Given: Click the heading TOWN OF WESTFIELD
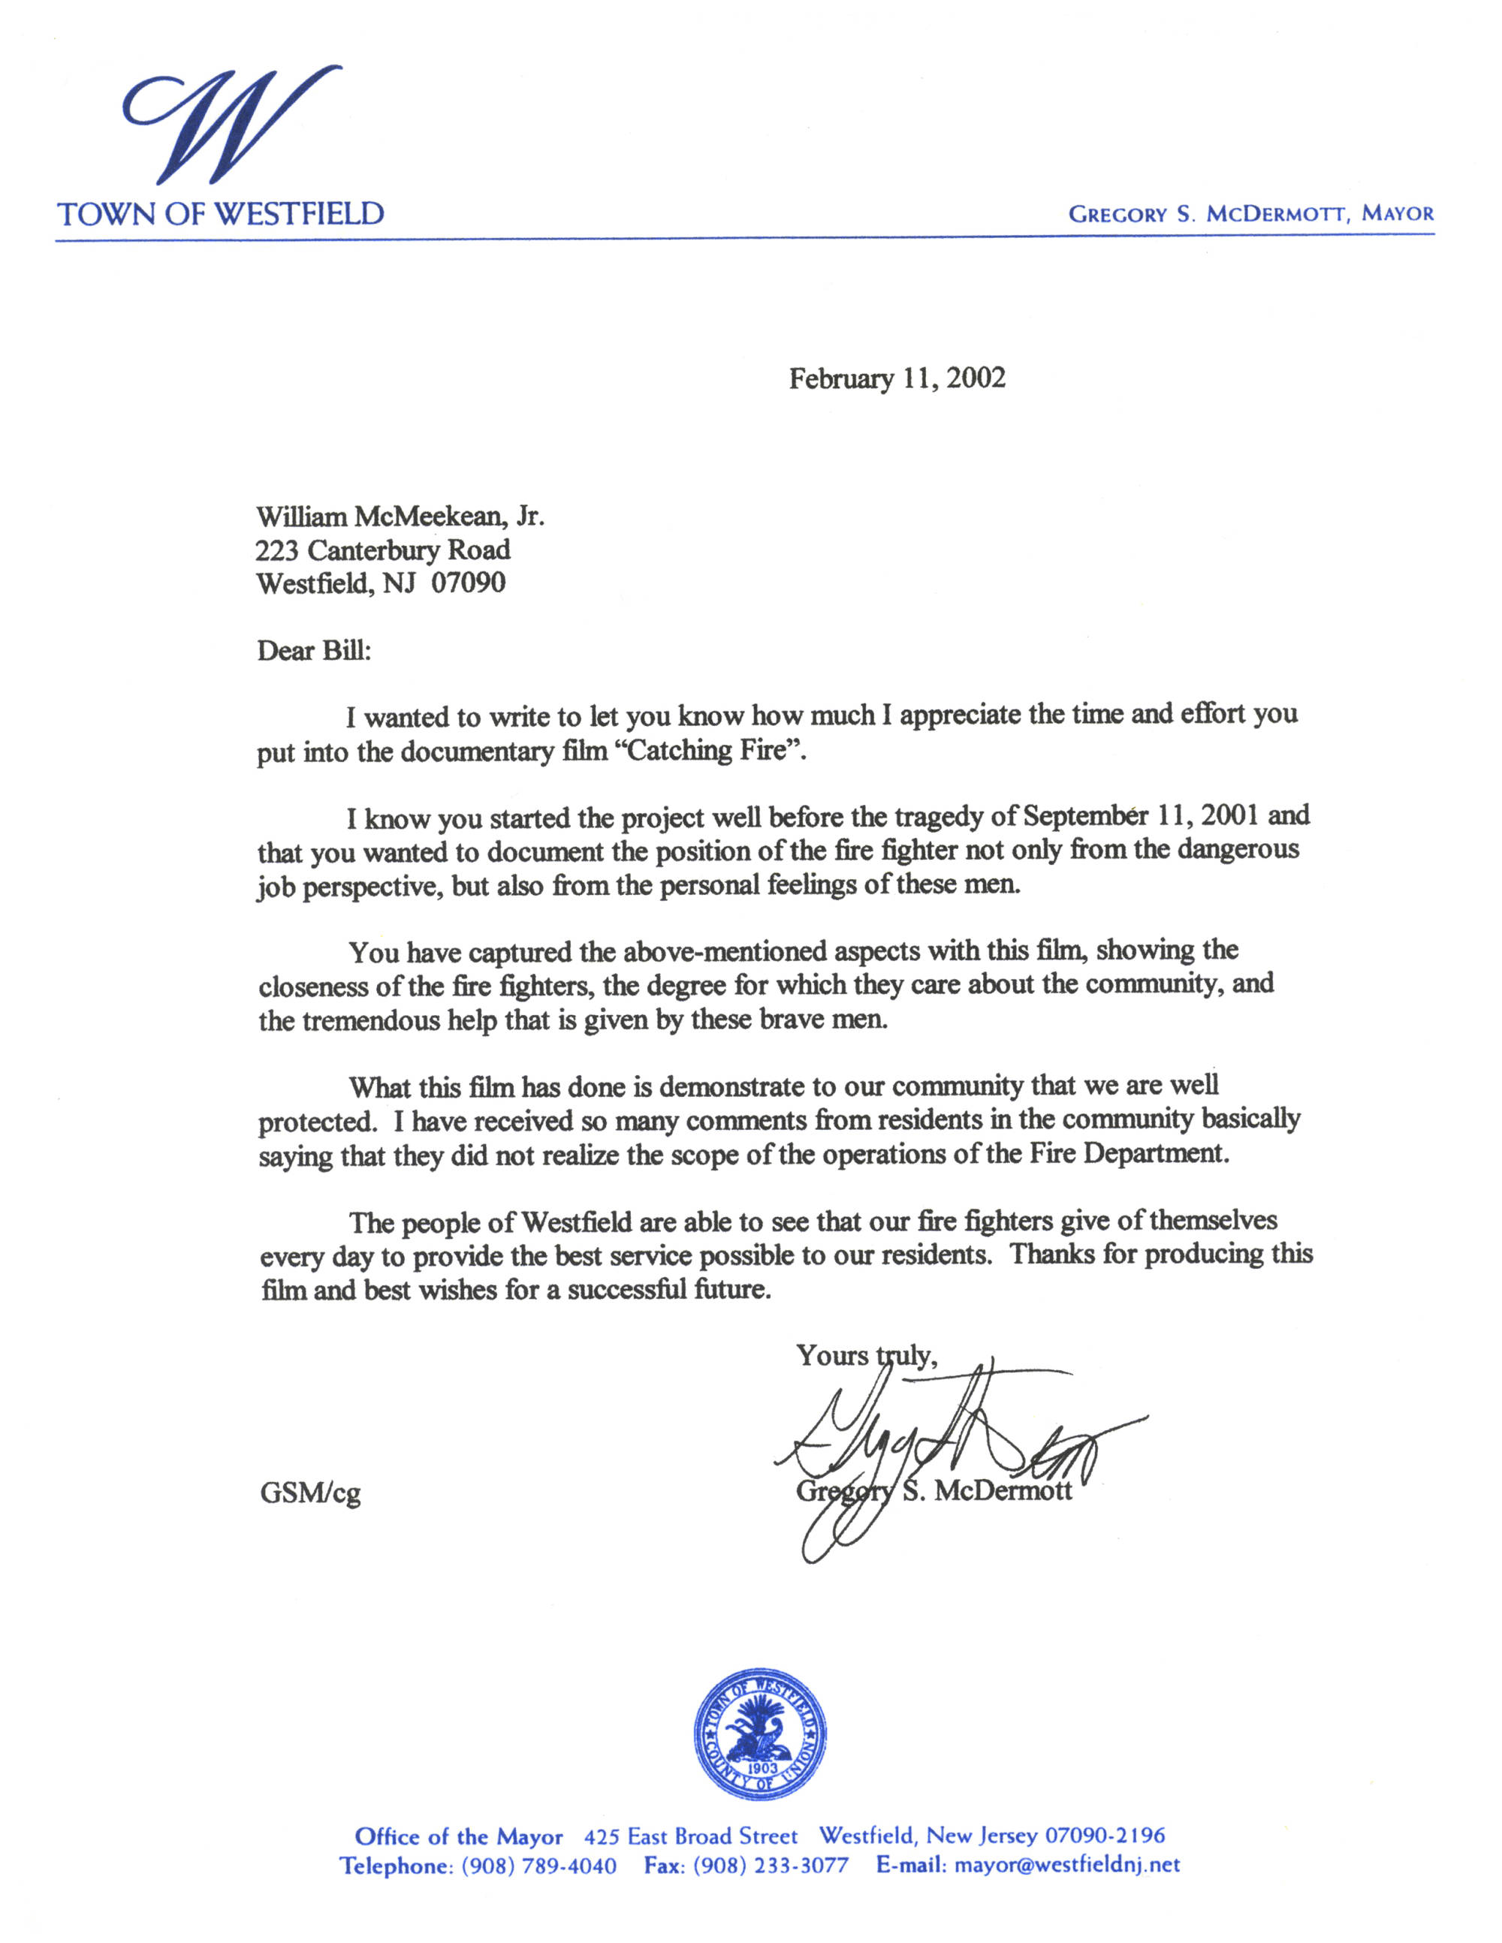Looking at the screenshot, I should (x=221, y=215).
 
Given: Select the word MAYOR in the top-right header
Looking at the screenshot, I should (x=1397, y=215).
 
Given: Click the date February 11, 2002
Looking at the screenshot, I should (x=897, y=379).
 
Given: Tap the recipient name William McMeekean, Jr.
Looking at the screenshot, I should (x=400, y=517).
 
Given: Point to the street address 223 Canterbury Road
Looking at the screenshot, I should (x=382, y=551).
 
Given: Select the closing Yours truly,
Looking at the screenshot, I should (x=866, y=1355).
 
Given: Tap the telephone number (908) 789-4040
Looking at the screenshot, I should (x=538, y=1866).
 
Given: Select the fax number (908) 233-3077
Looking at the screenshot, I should (x=771, y=1866).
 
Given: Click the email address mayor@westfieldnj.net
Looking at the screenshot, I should (x=1067, y=1865).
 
